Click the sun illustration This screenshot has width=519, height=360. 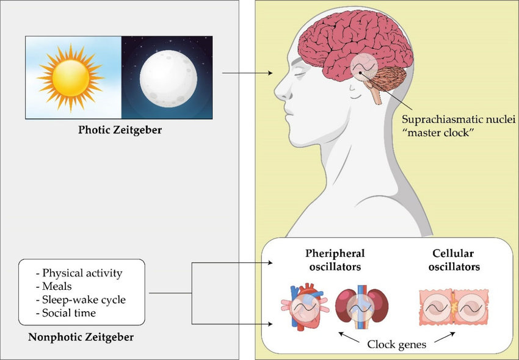pyautogui.click(x=70, y=77)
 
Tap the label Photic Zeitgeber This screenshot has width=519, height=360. pyautogui.click(x=120, y=131)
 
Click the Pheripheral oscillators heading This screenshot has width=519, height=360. pyautogui.click(x=335, y=260)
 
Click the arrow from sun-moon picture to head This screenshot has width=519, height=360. pyautogui.click(x=247, y=74)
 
